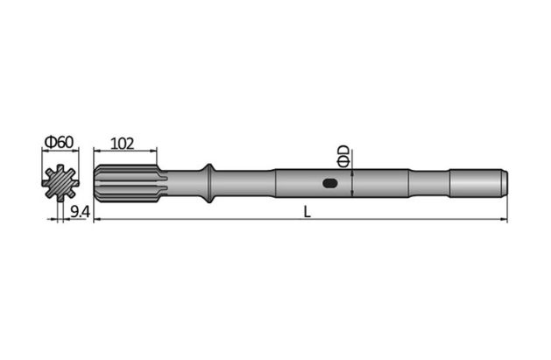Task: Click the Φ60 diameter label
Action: [59, 141]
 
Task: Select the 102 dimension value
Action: [123, 142]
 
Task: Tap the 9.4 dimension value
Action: [79, 211]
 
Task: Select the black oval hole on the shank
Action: [330, 183]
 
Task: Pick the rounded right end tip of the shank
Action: [504, 183]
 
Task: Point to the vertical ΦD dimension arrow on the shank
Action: [351, 183]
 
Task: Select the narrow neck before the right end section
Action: [428, 183]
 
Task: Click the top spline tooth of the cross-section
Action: [60, 168]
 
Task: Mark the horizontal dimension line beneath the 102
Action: [123, 152]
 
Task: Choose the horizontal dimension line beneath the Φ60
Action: [59, 152]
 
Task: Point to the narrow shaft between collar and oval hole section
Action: [245, 183]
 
